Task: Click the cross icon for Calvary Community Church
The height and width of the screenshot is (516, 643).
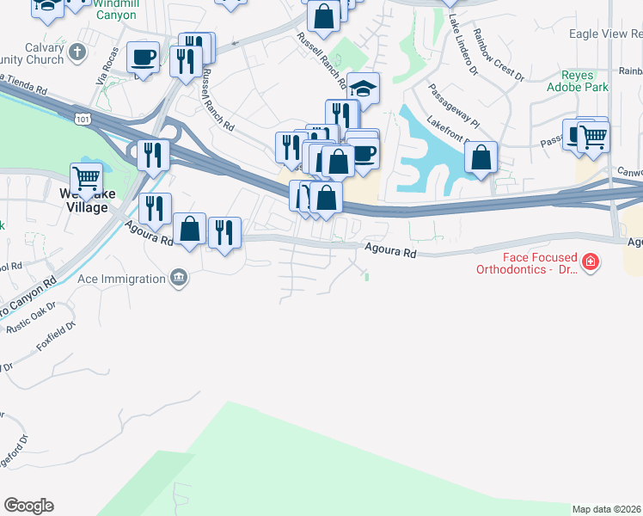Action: click(x=77, y=52)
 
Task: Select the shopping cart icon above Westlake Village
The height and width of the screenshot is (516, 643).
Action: click(x=87, y=179)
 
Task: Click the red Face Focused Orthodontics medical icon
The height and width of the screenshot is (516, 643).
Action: click(x=590, y=261)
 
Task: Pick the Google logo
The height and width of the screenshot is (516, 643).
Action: click(x=28, y=506)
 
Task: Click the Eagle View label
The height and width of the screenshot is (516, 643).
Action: click(x=605, y=34)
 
